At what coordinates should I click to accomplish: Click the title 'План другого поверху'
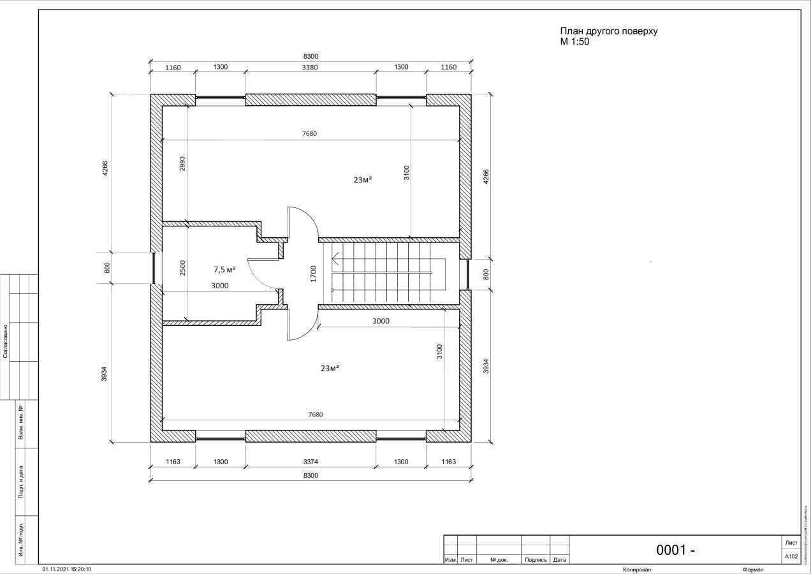608,31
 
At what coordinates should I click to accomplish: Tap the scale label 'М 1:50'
574,41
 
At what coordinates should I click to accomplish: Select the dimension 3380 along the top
310,67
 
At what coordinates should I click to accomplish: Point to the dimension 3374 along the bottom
310,461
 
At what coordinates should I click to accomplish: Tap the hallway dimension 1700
313,273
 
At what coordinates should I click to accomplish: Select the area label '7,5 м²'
224,269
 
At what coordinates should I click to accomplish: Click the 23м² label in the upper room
363,180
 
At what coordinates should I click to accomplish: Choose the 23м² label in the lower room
330,368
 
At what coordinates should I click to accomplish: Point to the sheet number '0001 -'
675,550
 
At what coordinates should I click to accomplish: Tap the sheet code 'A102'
791,556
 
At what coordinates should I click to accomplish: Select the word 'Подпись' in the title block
536,560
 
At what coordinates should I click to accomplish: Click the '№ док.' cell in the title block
499,560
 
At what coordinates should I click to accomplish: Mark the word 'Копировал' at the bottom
637,569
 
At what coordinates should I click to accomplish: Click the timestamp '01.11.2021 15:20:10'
67,569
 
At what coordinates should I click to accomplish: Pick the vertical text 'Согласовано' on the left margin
6,341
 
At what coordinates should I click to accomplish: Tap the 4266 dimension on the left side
106,168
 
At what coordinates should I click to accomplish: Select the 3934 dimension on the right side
486,366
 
